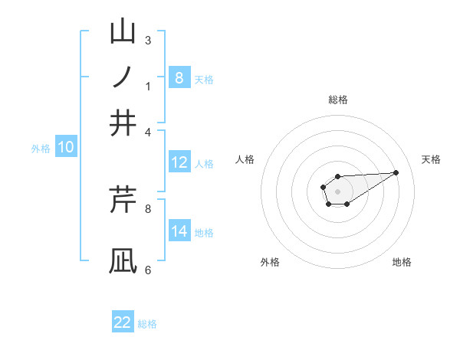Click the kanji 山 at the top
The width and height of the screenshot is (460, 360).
click(123, 32)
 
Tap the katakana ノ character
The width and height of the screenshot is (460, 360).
click(123, 77)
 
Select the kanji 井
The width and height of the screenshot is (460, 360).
click(123, 123)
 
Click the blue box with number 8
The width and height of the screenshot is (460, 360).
click(179, 78)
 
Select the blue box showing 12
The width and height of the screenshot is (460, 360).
click(179, 162)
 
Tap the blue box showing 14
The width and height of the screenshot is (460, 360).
click(179, 231)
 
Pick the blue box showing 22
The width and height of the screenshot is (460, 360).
click(123, 322)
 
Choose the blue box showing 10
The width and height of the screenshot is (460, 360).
click(66, 148)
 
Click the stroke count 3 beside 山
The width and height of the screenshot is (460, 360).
click(148, 41)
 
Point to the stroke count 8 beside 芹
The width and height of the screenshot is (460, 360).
click(148, 208)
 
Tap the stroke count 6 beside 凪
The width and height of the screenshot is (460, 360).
click(148, 270)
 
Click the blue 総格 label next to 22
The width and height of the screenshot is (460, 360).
click(147, 324)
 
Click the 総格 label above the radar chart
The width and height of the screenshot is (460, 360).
click(337, 100)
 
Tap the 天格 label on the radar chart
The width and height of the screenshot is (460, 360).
click(431, 159)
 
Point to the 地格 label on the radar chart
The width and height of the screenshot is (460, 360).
click(402, 262)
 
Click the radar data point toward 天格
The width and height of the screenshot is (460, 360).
click(396, 172)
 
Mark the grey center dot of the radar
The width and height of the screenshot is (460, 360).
click(337, 190)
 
